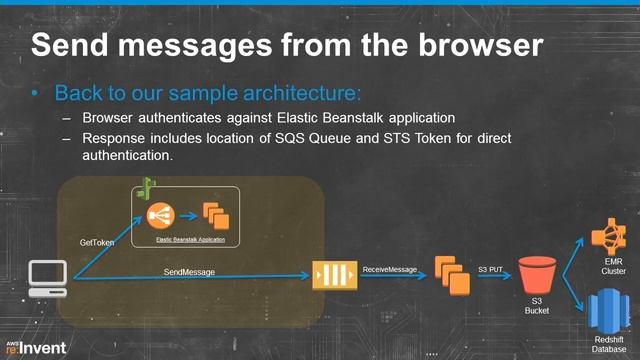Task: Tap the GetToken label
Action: [x=98, y=243]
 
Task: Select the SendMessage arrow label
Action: [x=190, y=272]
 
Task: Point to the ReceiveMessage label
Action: [x=389, y=270]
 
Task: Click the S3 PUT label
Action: [x=490, y=270]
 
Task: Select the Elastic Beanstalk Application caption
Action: [x=190, y=240]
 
